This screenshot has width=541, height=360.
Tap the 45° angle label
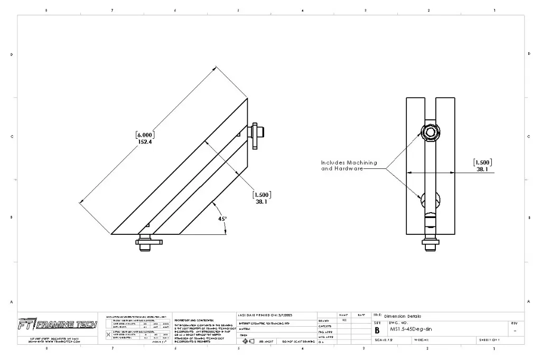click(222, 218)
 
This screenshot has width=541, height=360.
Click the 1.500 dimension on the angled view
click(263, 194)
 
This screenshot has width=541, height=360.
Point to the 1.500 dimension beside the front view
click(484, 163)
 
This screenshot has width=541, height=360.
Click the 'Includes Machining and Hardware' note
click(349, 166)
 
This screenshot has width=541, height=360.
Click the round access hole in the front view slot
click(430, 200)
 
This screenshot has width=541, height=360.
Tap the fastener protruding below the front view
click(431, 243)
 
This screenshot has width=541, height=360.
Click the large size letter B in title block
click(377, 329)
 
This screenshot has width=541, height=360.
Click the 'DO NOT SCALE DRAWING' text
click(298, 342)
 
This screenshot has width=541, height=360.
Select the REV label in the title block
click(515, 323)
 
